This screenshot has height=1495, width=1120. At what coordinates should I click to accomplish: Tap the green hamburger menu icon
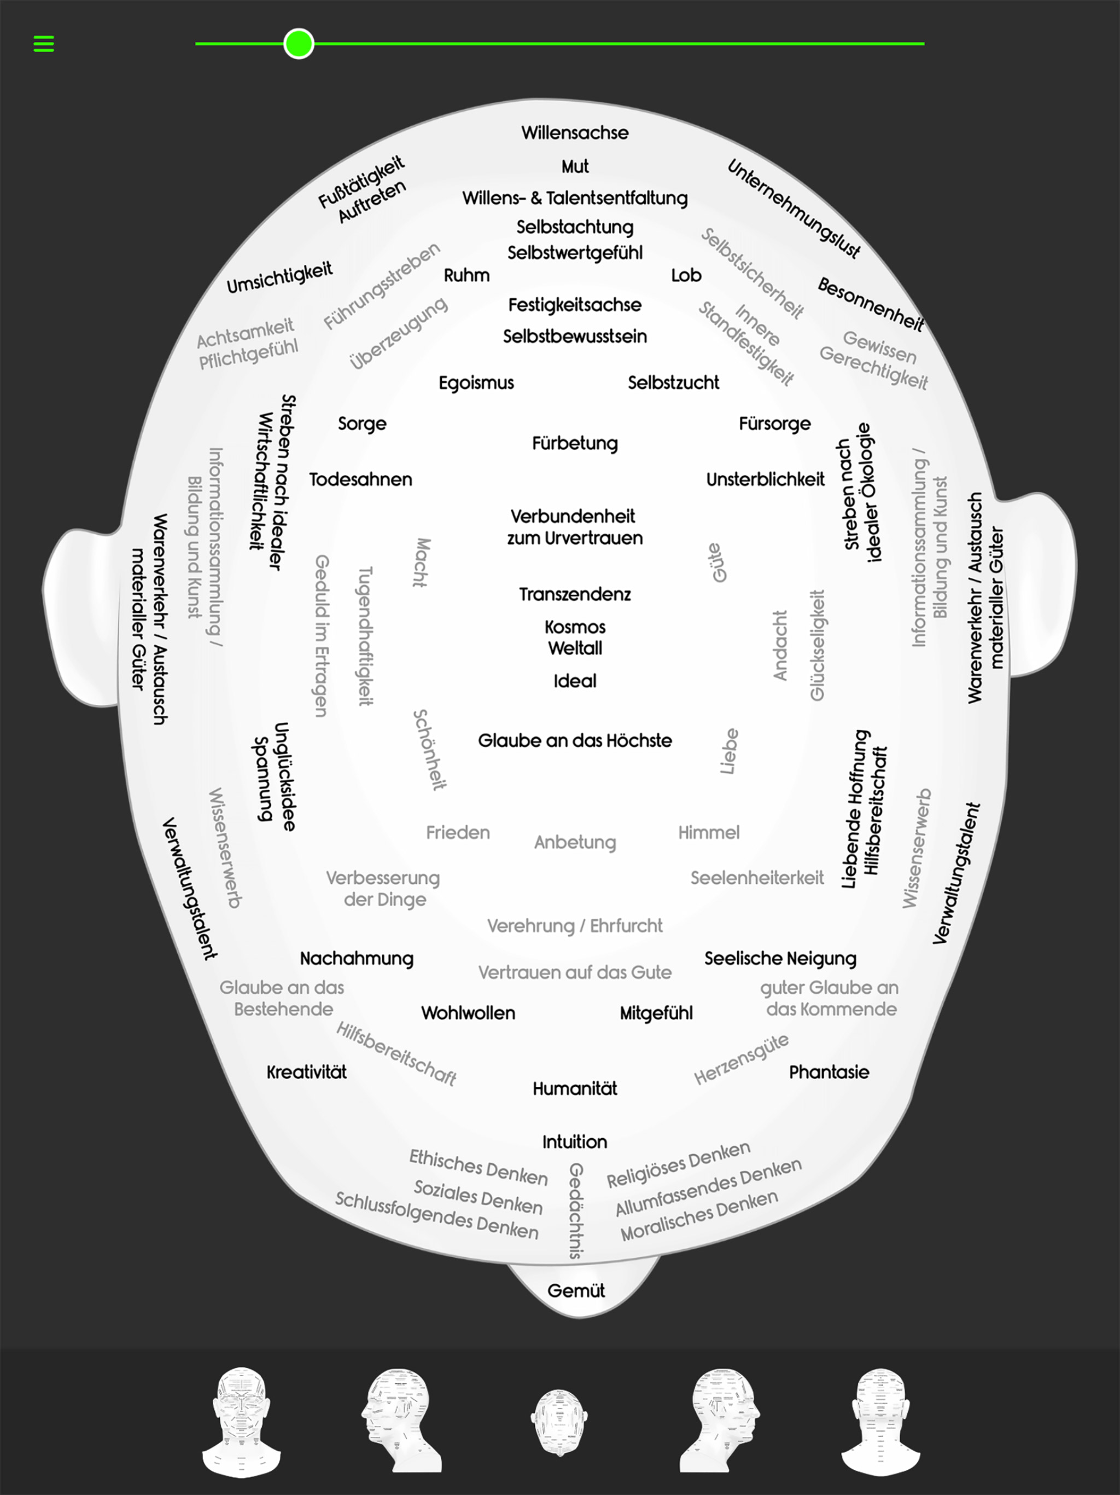(44, 44)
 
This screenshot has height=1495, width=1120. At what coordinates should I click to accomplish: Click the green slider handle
(299, 44)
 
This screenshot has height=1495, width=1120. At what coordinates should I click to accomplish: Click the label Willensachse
(575, 132)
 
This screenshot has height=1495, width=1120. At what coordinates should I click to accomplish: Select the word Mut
(575, 166)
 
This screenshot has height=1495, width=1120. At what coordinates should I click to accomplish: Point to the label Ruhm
(467, 275)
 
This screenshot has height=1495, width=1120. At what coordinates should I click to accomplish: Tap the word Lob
(686, 275)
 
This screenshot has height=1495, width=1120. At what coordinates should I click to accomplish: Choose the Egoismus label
(476, 383)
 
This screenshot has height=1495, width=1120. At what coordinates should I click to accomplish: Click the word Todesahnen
(361, 479)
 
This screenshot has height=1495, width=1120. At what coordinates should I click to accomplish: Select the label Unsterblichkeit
(766, 479)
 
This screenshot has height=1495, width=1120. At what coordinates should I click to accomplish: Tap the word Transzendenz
(575, 594)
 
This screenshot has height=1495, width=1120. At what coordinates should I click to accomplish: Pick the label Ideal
(575, 681)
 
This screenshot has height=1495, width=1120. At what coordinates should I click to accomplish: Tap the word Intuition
(575, 1142)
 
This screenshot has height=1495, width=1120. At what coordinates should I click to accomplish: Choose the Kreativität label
(307, 1072)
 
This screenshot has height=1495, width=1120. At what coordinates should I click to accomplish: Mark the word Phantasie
(829, 1072)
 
